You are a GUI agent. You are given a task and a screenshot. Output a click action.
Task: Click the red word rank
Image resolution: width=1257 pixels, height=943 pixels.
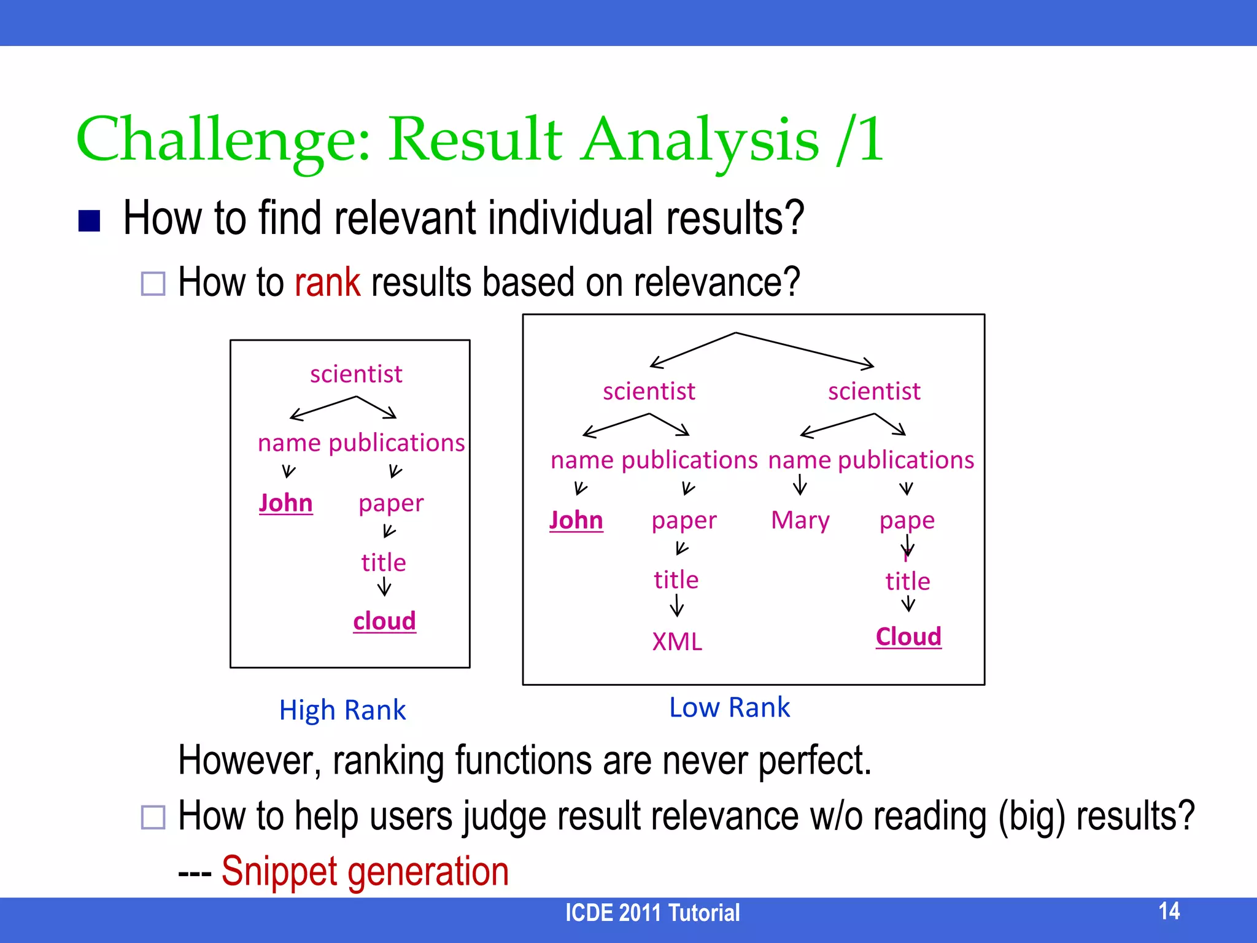point(327,282)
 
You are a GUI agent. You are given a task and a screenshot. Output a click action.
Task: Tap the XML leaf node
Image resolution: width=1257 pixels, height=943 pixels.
point(677,642)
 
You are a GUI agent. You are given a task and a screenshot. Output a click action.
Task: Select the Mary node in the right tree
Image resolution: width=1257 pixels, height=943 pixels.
point(800,520)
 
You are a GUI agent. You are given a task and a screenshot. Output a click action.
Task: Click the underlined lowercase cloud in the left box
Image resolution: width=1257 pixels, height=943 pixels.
point(384,621)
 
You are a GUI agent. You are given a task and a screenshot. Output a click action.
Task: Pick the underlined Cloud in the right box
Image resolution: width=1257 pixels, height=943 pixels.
point(908,637)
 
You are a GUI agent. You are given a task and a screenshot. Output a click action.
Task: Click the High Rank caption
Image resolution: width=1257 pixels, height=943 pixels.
point(342,710)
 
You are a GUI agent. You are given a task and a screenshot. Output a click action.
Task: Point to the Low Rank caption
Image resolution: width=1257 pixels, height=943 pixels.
point(729,707)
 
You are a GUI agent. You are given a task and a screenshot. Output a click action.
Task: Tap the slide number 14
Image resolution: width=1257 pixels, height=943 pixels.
point(1169,911)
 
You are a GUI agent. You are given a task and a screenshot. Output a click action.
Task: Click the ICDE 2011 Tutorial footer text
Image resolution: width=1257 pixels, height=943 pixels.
point(652,913)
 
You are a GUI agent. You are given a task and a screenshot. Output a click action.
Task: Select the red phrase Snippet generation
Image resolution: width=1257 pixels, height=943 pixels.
point(365,871)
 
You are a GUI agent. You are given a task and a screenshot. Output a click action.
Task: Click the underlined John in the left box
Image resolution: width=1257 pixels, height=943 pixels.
point(285,503)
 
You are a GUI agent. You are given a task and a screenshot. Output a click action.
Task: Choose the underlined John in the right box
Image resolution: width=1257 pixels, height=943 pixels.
point(576,520)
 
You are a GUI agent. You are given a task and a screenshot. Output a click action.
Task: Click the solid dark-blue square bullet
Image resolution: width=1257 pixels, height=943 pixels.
point(90,221)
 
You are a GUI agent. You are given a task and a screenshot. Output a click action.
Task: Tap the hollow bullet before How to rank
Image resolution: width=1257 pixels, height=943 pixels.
point(153,284)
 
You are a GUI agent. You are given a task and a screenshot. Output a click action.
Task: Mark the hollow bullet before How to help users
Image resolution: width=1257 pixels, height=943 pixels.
point(153,817)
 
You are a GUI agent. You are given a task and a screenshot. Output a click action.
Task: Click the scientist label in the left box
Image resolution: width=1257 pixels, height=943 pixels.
point(356,374)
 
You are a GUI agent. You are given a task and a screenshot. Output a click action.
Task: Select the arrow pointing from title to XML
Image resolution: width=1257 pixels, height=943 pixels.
point(676,606)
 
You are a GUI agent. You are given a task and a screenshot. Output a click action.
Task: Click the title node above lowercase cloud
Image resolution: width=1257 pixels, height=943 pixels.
point(384,562)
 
